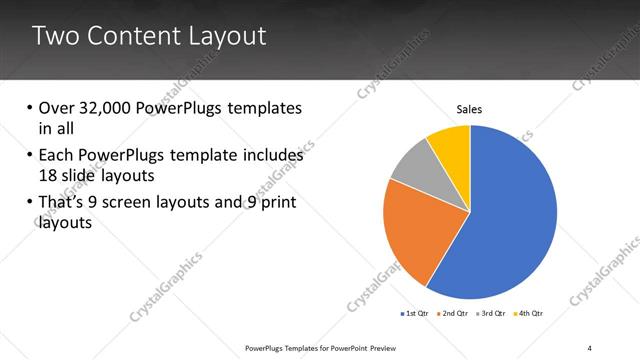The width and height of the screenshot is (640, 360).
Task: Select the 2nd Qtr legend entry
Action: point(453,314)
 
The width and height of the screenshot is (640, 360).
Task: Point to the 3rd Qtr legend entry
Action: point(491,314)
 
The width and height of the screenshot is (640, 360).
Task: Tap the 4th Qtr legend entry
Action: point(528,314)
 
